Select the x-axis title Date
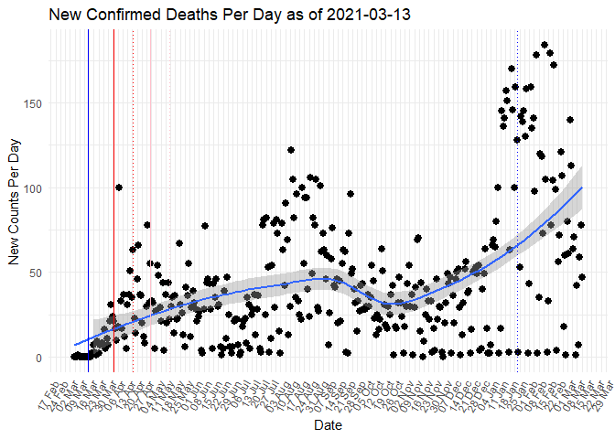(328, 426)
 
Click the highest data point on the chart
(545, 45)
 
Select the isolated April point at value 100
(119, 187)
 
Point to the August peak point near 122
(291, 150)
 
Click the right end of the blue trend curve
(582, 187)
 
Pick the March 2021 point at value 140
(569, 120)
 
